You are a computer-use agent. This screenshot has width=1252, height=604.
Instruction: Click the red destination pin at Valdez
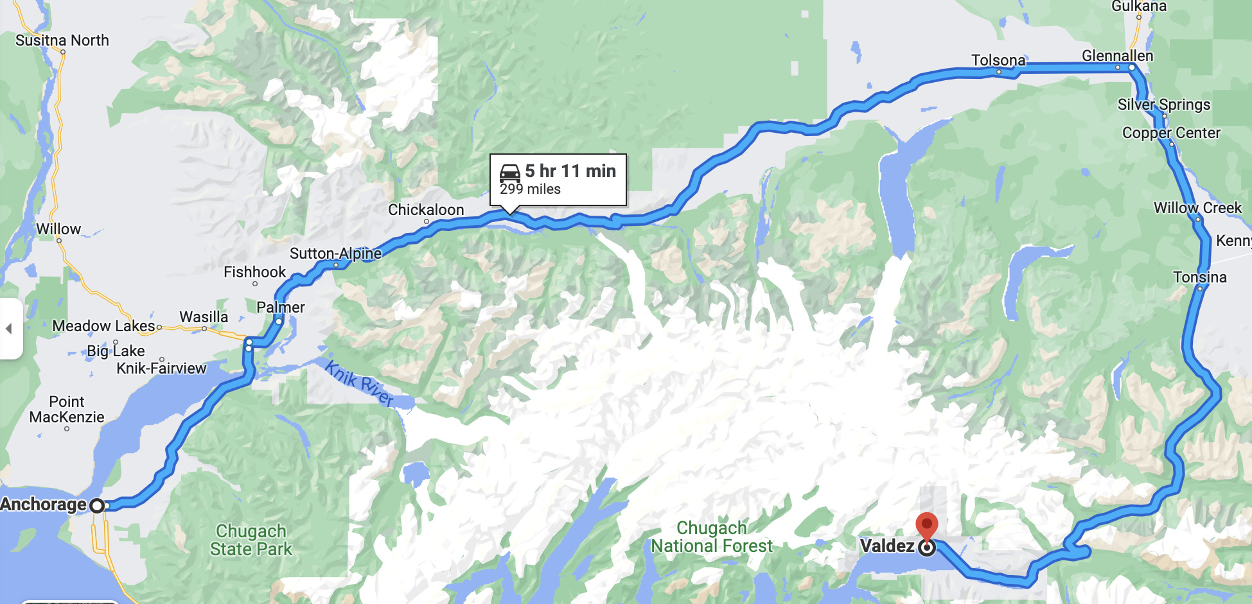[x=926, y=526]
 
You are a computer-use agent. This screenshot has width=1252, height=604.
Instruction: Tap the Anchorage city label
[x=43, y=505]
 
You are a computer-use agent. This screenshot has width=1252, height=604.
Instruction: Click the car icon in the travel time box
[x=510, y=173]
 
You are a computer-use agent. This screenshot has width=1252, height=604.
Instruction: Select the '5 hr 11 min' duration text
[x=570, y=171]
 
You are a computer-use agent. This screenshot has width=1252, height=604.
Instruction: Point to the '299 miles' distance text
[x=530, y=189]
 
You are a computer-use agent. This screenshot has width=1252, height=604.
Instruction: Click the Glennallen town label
[x=1117, y=56]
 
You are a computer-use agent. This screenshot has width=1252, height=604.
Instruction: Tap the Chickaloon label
[x=426, y=210]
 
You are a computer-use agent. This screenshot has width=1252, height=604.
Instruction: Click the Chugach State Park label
[x=251, y=540]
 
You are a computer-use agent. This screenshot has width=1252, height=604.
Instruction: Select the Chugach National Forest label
[x=712, y=537]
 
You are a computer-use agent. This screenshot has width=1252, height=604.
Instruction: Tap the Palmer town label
[x=281, y=307]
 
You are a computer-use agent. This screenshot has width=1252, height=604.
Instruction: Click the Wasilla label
[x=204, y=317]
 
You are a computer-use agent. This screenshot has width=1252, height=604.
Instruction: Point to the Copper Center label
[x=1171, y=133]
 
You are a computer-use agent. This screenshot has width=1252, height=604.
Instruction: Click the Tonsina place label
[x=1199, y=277]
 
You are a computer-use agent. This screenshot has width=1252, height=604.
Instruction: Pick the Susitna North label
[x=62, y=40]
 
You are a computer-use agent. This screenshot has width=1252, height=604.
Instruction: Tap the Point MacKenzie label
[x=67, y=410]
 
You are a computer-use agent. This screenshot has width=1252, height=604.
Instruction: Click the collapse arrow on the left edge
[x=9, y=329]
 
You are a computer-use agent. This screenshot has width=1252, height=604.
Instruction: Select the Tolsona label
[x=998, y=60]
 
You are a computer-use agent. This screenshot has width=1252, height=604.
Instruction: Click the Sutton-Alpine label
[x=335, y=254]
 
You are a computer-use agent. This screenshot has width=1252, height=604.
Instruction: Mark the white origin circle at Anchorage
[x=97, y=506]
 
